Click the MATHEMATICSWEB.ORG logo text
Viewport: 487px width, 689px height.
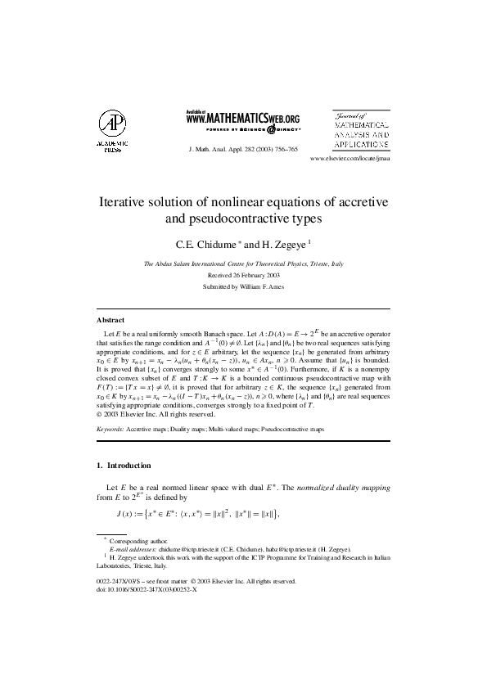243,119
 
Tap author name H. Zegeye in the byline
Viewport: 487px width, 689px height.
282,245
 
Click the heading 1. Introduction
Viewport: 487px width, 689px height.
124,466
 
